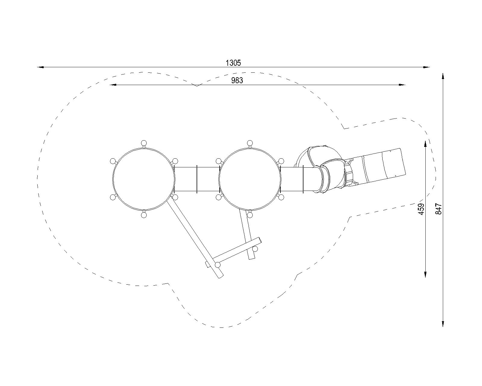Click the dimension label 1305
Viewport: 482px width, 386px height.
233,63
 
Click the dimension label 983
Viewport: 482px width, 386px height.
237,80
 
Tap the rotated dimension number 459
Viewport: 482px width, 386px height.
421,209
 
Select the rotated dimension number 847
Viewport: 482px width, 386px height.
439,209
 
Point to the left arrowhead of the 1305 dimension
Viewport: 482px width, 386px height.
41,67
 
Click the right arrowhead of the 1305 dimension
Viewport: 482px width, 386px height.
427,67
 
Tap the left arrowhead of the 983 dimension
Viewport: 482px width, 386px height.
113,85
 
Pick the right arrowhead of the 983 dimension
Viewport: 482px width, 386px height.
402,85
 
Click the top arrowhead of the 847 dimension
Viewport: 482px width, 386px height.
443,76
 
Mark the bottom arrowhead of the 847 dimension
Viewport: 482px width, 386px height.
443,323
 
